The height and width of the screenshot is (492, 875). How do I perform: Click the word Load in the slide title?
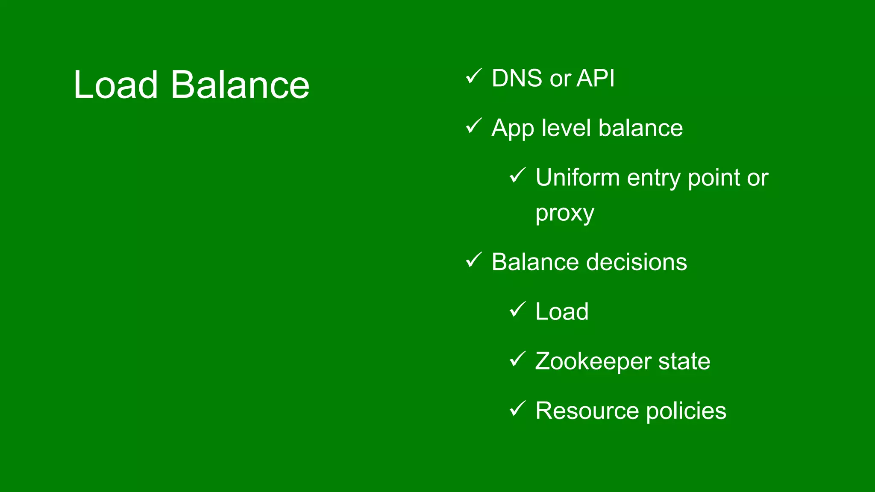[x=115, y=85]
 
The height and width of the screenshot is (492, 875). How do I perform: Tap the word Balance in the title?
[x=240, y=85]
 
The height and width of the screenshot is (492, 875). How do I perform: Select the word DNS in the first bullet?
[x=517, y=79]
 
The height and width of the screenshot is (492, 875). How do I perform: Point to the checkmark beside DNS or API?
[x=473, y=76]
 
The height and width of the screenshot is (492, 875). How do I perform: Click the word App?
[x=512, y=129]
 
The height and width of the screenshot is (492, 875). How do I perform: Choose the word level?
[x=566, y=128]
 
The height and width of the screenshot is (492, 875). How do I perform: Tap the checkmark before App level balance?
[x=473, y=126]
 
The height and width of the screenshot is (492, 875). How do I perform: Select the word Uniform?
[x=577, y=178]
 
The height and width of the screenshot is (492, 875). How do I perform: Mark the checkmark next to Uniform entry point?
[x=517, y=176]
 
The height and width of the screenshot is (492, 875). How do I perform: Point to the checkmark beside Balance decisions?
[x=473, y=260]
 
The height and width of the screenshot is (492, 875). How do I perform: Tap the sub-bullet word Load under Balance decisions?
[x=562, y=312]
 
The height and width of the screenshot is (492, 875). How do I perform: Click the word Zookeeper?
[x=593, y=362]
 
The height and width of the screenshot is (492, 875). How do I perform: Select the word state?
[x=684, y=362]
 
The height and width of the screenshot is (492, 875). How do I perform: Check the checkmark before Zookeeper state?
[x=517, y=359]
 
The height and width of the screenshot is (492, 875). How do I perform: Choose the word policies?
[x=686, y=411]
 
